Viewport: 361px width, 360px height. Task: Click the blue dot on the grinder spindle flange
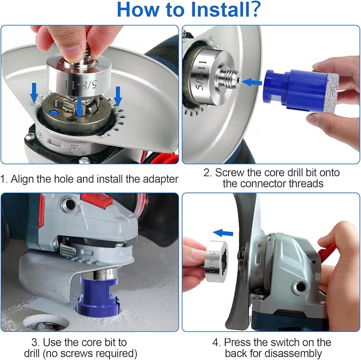click(x=53, y=113)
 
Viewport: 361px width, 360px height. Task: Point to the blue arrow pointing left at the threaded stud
click(x=252, y=82)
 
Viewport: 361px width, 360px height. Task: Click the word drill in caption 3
click(x=32, y=353)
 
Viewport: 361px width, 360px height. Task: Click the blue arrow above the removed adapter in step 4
click(x=223, y=233)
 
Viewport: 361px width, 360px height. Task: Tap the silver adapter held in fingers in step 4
click(x=216, y=261)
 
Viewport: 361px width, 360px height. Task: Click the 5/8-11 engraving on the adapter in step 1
click(x=81, y=84)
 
